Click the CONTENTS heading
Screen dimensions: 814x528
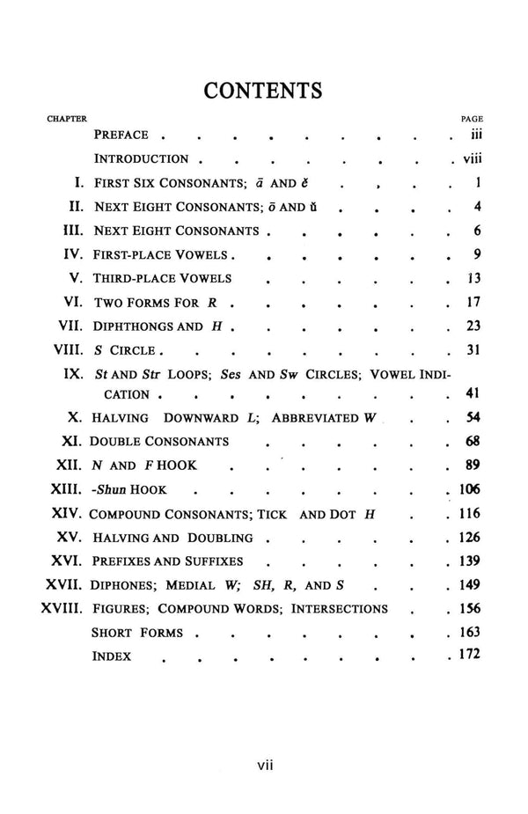point(262,91)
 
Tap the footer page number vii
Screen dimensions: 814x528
point(265,766)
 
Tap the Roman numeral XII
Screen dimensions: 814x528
point(69,466)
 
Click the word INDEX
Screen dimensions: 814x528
point(112,656)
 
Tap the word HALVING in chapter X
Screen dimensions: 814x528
point(121,418)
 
